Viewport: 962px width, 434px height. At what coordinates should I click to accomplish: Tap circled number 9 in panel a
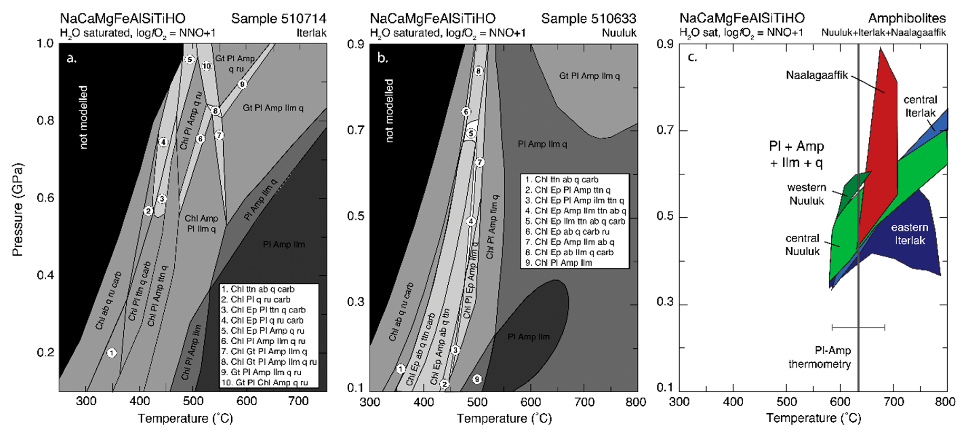click(242, 84)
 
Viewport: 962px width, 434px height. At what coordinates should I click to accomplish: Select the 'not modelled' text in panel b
click(389, 111)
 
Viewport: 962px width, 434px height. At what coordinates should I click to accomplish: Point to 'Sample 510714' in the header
click(279, 19)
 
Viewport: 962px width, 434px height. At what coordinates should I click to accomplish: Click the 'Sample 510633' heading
click(588, 19)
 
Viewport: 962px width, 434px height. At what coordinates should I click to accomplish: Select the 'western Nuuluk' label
click(806, 194)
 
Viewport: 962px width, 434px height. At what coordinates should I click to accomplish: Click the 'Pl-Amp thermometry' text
click(820, 357)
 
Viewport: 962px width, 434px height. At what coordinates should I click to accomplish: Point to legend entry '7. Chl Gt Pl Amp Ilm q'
click(264, 352)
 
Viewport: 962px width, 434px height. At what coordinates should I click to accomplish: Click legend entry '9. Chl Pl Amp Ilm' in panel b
click(559, 263)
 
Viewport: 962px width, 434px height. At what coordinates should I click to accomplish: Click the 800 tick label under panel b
click(636, 402)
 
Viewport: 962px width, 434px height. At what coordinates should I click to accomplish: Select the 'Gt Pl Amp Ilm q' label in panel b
click(589, 76)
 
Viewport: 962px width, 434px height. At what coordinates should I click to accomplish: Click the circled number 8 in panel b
click(479, 71)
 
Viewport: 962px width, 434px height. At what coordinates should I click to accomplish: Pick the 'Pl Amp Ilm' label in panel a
click(284, 245)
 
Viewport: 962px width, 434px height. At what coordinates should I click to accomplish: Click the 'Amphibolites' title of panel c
click(907, 19)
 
